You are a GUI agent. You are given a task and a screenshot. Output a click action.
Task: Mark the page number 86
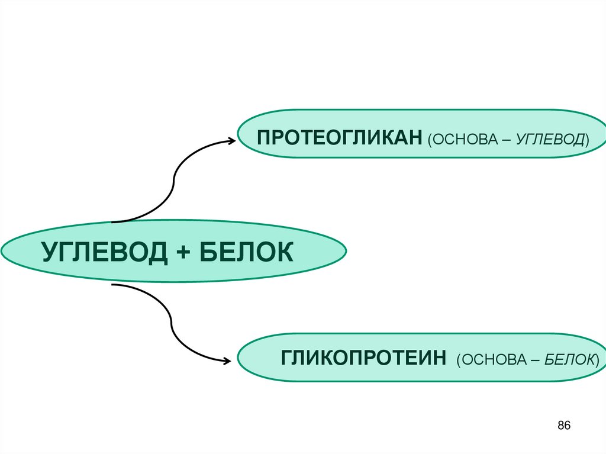(563, 426)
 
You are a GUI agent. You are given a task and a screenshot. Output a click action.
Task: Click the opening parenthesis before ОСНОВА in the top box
(427, 140)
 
